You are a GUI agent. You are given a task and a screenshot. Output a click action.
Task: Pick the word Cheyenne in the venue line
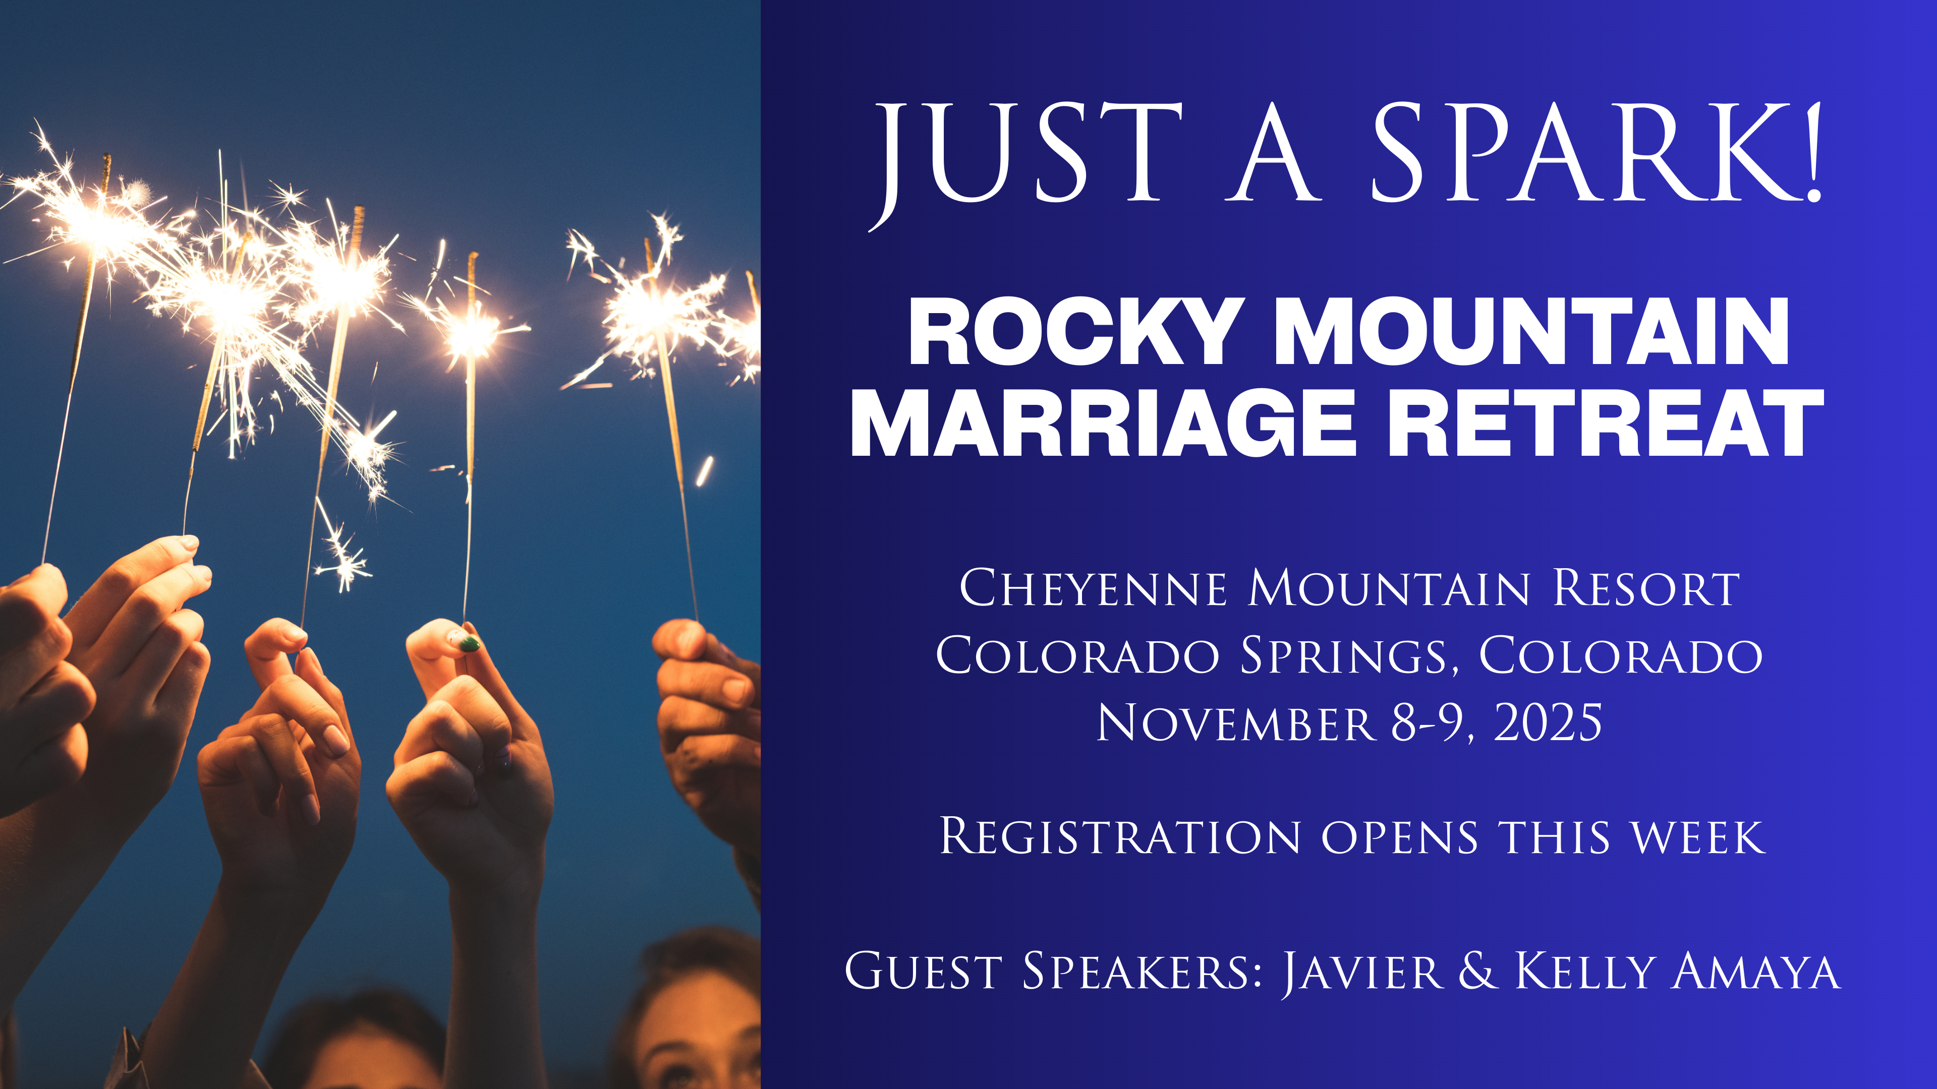1094,588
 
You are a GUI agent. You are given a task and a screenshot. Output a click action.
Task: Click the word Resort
1647,588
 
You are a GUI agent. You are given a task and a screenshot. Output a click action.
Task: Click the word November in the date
1236,723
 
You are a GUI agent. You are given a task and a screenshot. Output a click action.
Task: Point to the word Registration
1120,836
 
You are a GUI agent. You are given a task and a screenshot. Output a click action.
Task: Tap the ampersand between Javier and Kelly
1477,971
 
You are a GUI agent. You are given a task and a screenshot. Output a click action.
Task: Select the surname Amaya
1757,972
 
